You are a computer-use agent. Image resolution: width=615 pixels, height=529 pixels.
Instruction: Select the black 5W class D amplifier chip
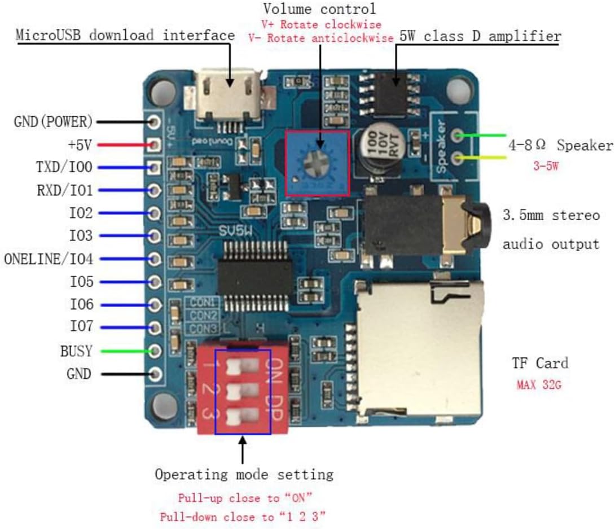tap(390, 94)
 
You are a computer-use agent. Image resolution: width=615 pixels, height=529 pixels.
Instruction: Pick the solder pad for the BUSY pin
tap(155, 351)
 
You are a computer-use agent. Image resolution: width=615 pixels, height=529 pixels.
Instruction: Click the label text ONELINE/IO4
tap(49, 259)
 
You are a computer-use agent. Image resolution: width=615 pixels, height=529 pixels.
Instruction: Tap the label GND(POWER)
tap(53, 121)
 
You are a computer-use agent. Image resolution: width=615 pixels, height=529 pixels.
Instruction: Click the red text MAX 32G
tap(539, 384)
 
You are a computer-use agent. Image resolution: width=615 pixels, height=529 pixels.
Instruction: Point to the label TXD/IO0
tap(64, 167)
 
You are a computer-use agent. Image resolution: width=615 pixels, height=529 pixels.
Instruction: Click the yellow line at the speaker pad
tap(481, 158)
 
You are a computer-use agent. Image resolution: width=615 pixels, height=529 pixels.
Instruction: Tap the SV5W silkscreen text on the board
tap(235, 231)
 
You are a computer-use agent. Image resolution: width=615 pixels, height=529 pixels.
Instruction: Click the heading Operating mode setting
tap(244, 474)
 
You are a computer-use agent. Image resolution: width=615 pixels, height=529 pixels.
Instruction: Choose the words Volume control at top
tap(319, 8)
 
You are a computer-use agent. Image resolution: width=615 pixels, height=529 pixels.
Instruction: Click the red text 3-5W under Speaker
tap(546, 165)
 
